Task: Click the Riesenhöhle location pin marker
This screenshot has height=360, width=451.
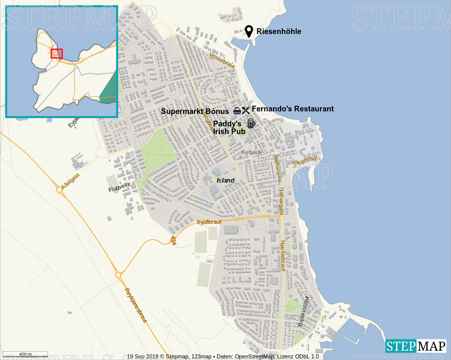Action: [x=249, y=31]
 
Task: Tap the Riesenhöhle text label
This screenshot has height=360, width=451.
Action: [x=279, y=32]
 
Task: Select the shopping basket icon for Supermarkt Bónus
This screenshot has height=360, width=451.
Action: [x=237, y=110]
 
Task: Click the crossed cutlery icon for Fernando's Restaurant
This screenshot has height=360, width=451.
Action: [x=246, y=110]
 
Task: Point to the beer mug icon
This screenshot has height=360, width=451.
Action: [x=251, y=123]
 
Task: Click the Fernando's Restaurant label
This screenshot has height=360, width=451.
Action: [x=293, y=109]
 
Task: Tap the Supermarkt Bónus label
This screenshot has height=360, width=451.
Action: [x=195, y=111]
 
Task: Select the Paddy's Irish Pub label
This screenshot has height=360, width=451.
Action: [x=227, y=128]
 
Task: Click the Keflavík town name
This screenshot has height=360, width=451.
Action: [x=252, y=152]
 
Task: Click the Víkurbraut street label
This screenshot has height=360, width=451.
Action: [x=305, y=161]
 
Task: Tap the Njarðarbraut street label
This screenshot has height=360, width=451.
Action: [x=282, y=255]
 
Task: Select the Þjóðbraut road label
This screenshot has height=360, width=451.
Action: [x=209, y=222]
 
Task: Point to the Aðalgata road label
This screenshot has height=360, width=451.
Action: [x=70, y=181]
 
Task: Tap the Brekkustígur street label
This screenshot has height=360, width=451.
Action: [x=303, y=311]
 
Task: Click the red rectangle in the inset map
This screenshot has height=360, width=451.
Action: [x=57, y=54]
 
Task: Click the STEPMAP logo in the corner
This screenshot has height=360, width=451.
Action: [x=416, y=346]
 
